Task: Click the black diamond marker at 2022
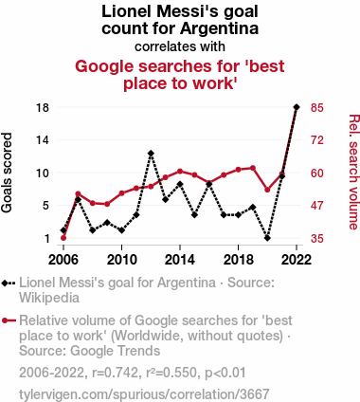(297, 107)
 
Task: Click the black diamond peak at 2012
(151, 153)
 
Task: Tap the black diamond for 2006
(63, 230)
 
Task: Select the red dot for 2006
(63, 238)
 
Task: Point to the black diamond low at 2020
(267, 238)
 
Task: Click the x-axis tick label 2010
(121, 259)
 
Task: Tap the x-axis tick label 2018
(238, 259)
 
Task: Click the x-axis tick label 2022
(297, 259)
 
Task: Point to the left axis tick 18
(43, 107)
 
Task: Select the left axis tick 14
(43, 140)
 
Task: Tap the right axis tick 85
(316, 107)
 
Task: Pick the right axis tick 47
(316, 206)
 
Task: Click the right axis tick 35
(316, 238)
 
